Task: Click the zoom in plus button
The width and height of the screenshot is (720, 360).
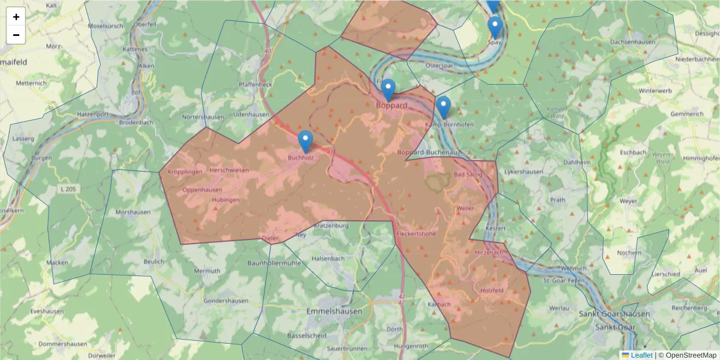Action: tap(16, 17)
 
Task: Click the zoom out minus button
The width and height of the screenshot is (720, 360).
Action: tap(16, 35)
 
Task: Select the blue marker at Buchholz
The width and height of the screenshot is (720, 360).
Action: tap(305, 142)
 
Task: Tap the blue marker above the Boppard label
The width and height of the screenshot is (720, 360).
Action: tap(388, 91)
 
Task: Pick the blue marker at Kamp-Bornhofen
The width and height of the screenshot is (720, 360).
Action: tap(443, 108)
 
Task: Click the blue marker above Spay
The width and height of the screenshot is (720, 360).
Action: tap(494, 28)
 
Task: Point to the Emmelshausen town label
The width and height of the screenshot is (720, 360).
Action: tap(334, 311)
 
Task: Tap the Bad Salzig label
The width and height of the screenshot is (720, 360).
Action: tap(467, 174)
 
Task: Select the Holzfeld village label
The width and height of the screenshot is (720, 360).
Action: tap(492, 290)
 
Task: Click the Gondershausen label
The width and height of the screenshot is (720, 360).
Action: tap(226, 301)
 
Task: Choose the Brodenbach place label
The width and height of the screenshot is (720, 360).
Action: tap(136, 122)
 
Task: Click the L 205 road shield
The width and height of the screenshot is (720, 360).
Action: tap(69, 190)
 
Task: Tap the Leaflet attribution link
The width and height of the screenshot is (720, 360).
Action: tap(641, 355)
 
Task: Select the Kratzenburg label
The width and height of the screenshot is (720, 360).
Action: tap(331, 226)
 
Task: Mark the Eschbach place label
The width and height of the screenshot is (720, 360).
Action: tap(633, 152)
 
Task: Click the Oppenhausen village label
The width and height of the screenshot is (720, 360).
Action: tap(202, 190)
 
